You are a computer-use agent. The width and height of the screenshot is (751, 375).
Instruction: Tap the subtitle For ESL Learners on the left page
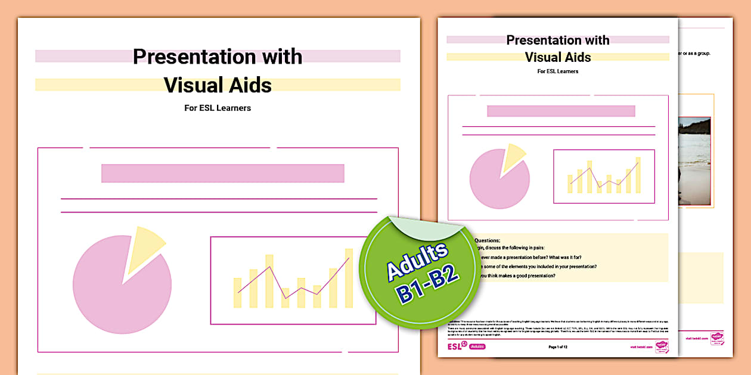[x=218, y=108]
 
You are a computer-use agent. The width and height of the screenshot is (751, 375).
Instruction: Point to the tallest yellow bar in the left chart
[x=349, y=277]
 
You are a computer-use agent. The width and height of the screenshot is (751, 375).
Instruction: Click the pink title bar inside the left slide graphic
[x=222, y=173]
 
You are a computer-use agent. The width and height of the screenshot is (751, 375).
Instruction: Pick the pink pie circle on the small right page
[x=497, y=181]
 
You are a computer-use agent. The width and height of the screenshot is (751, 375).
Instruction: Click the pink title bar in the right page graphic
[x=560, y=111]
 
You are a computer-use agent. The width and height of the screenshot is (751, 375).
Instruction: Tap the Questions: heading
[x=488, y=240]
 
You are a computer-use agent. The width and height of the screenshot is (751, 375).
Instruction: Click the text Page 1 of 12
[x=558, y=346]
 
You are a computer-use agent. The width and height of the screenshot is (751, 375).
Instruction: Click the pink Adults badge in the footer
[x=477, y=346]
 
